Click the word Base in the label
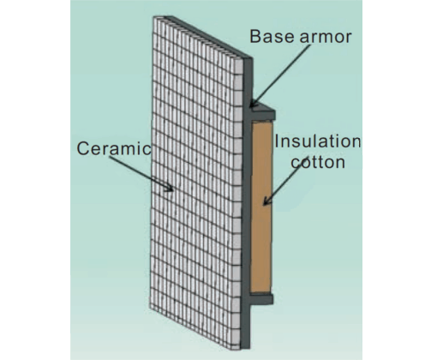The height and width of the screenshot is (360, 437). click(x=268, y=37)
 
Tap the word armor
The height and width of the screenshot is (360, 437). click(x=321, y=37)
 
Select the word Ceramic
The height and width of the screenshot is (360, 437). click(x=114, y=148)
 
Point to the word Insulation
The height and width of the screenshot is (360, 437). click(x=318, y=141)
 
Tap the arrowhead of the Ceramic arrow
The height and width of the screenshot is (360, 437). click(x=169, y=188)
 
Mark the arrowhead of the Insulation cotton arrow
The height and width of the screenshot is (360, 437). click(x=266, y=201)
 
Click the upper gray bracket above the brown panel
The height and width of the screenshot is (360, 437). click(x=263, y=112)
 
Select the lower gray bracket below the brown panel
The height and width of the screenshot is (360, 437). click(x=261, y=298)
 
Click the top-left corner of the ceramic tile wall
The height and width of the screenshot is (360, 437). click(x=153, y=17)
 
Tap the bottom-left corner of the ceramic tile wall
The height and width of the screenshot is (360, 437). click(x=150, y=309)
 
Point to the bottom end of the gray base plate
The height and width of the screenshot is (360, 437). click(x=246, y=348)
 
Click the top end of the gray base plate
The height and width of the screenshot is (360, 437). click(x=248, y=59)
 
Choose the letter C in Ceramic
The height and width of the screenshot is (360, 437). click(x=83, y=148)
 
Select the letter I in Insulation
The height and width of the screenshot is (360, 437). click(x=277, y=141)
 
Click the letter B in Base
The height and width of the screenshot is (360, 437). click(x=255, y=37)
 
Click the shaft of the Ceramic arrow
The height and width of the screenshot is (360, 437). click(x=140, y=172)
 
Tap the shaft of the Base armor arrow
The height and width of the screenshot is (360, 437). click(x=281, y=74)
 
